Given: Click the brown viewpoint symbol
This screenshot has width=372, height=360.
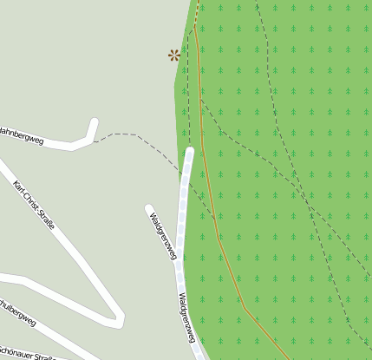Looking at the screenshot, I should (174, 56).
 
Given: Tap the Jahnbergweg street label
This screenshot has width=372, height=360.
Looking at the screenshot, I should (21, 133).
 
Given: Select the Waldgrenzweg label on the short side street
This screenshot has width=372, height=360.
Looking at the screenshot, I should (162, 235).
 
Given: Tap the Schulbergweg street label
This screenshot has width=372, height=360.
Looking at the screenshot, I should (17, 313).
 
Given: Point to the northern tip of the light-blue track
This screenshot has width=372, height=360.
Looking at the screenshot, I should (190, 152).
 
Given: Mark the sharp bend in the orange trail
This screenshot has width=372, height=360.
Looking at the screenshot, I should (245, 307).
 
